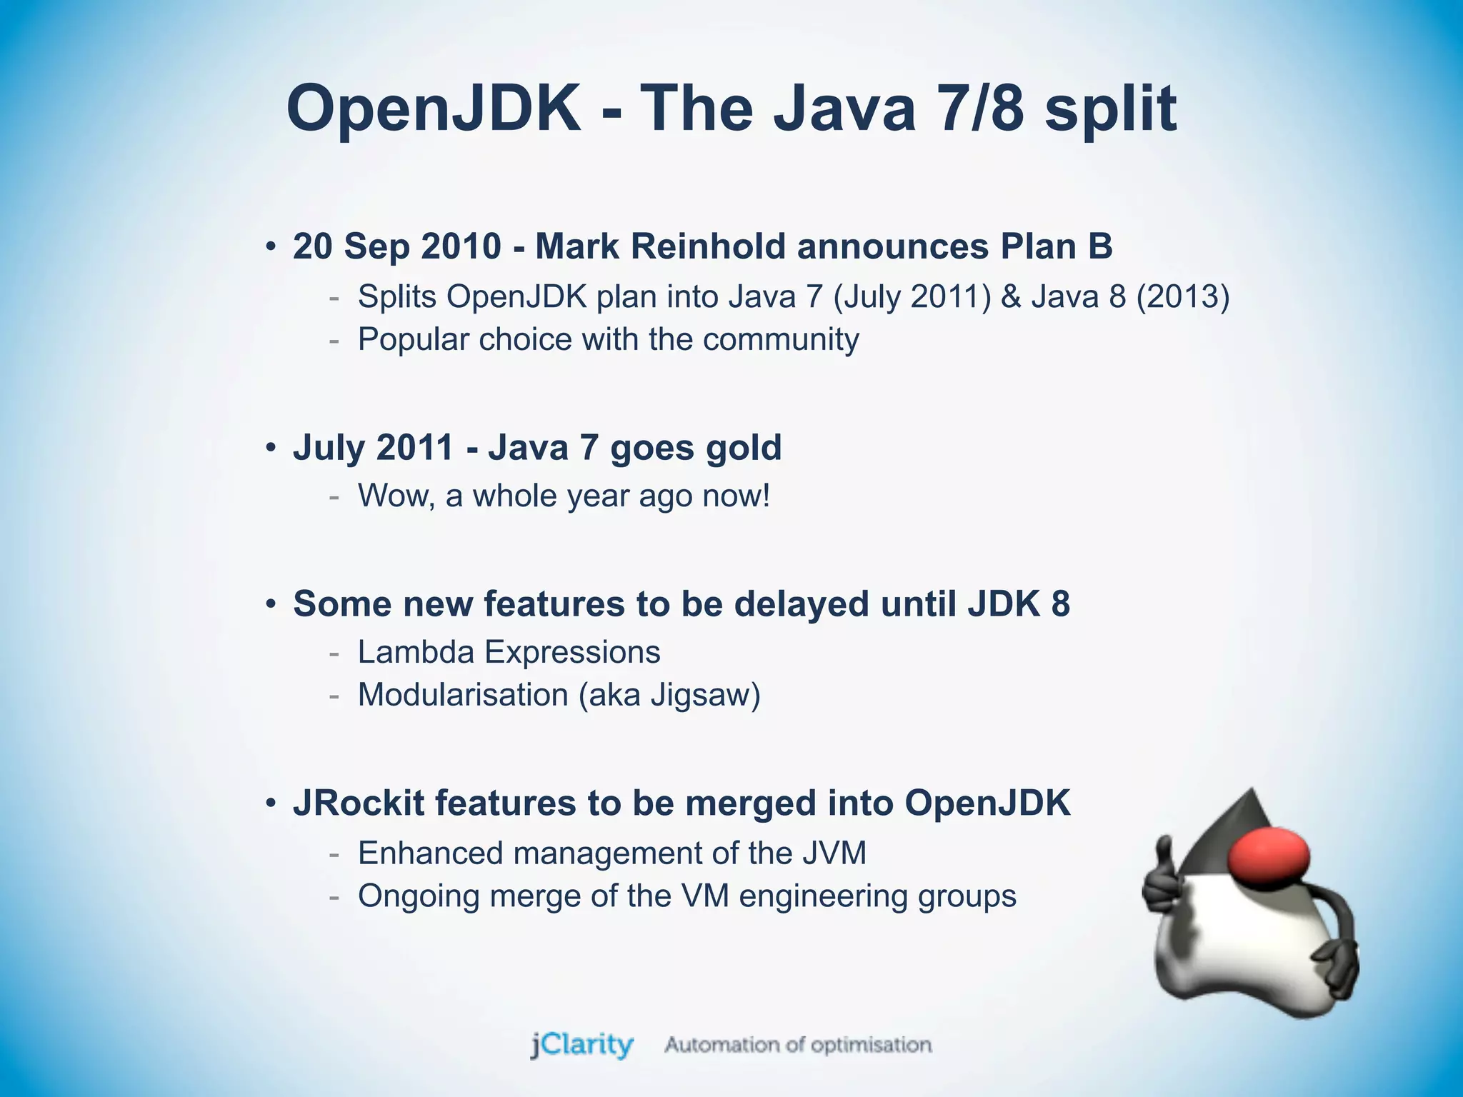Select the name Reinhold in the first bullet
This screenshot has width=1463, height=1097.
pyautogui.click(x=708, y=246)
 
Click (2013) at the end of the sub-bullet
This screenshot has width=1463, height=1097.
pyautogui.click(x=1183, y=296)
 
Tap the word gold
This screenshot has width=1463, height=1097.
pyautogui.click(x=744, y=448)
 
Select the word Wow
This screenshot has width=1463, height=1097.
pyautogui.click(x=396, y=496)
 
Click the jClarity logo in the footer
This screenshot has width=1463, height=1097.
pyautogui.click(x=582, y=1045)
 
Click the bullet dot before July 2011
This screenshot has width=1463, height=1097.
pyautogui.click(x=270, y=449)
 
